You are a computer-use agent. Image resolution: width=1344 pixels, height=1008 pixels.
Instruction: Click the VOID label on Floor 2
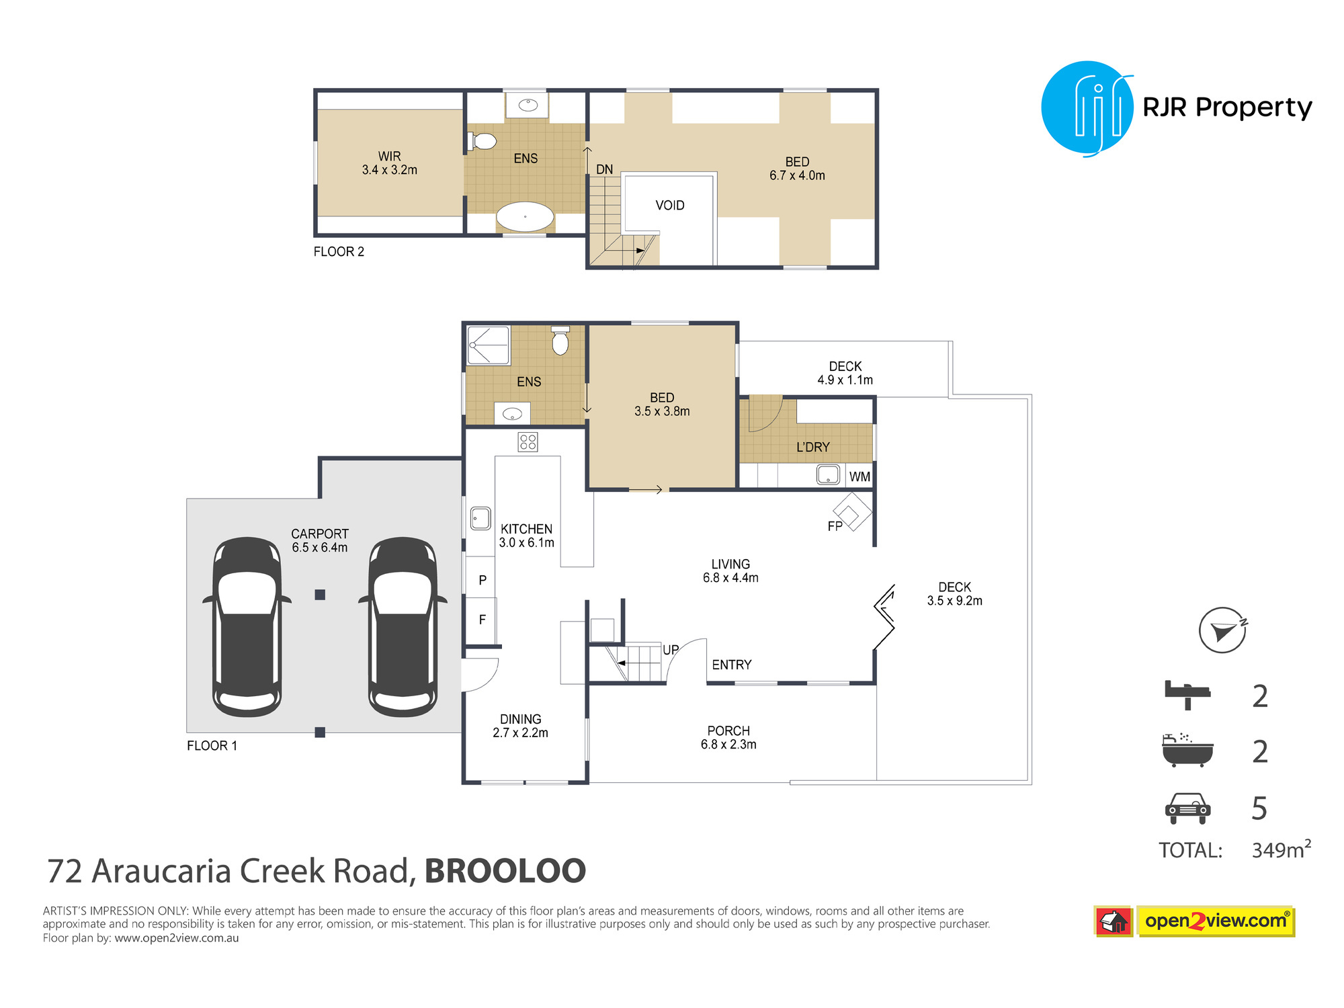coord(670,206)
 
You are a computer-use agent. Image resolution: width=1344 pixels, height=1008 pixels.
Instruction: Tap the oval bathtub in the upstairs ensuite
coord(525,217)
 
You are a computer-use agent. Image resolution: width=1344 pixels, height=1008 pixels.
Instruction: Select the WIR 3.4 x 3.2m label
coord(390,163)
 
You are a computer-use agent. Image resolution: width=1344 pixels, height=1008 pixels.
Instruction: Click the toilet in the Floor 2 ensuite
coord(482,141)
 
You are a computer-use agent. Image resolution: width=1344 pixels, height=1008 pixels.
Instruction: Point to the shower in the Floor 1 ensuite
coord(489,345)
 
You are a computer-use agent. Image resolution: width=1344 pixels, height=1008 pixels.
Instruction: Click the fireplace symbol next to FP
coord(852,512)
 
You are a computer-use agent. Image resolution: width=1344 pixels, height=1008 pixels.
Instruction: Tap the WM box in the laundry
coord(859,476)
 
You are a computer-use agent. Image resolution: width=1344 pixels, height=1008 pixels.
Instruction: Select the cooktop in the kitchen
coord(528,442)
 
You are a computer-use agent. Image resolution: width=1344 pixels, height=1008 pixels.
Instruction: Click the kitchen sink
coord(480,518)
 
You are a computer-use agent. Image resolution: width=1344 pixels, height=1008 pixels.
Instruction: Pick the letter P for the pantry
coord(482,580)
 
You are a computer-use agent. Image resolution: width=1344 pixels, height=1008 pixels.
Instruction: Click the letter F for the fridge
coord(482,620)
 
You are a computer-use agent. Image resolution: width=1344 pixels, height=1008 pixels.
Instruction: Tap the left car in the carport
coord(247,626)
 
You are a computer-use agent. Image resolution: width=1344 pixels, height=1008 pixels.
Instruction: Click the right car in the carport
coord(403,626)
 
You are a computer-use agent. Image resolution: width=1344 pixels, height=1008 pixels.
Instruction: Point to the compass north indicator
coord(1223,630)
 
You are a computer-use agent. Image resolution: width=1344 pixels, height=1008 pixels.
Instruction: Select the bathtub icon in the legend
coord(1187,750)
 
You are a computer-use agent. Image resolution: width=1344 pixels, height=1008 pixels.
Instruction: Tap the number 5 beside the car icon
coord(1259,808)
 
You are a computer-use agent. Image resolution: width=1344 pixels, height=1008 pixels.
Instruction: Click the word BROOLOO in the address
coord(505,871)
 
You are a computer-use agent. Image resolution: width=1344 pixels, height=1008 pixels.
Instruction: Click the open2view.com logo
coord(1194,921)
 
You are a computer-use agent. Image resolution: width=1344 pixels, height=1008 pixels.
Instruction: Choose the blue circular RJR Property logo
coord(1087,108)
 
